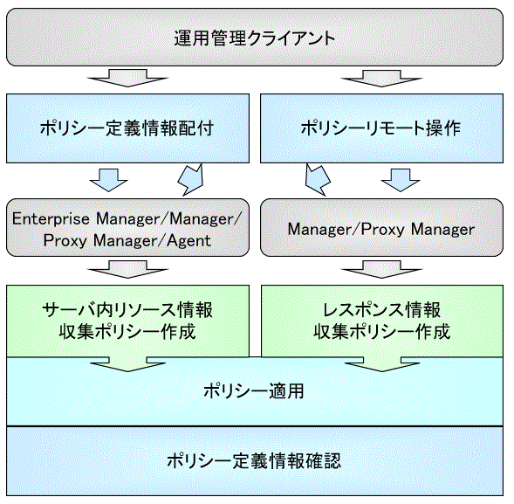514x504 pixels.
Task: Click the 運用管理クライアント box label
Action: pyautogui.click(x=254, y=38)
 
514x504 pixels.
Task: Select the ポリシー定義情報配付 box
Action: pyautogui.click(x=127, y=128)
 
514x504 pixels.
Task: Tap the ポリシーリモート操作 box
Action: pyautogui.click(x=381, y=128)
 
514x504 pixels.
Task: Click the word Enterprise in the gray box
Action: pyautogui.click(x=51, y=219)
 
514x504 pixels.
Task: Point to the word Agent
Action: pyautogui.click(x=188, y=241)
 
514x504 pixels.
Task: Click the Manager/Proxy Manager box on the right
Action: pyautogui.click(x=381, y=227)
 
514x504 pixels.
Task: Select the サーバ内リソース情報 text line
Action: pyautogui.click(x=127, y=310)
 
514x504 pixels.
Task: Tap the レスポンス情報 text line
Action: pyautogui.click(x=381, y=310)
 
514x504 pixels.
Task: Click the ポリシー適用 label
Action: pyautogui.click(x=254, y=391)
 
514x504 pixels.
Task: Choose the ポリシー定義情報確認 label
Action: pyautogui.click(x=254, y=460)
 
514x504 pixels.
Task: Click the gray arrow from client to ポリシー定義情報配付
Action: pyautogui.click(x=127, y=78)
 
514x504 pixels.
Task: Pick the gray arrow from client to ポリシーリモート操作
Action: pyautogui.click(x=382, y=78)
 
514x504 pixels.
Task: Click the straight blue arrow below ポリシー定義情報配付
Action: pyautogui.click(x=108, y=180)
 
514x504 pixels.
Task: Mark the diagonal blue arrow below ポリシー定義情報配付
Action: pyautogui.click(x=191, y=180)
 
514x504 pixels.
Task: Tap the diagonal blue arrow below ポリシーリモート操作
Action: pyautogui.click(x=318, y=180)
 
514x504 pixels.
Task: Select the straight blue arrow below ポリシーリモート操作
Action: pyautogui.click(x=401, y=180)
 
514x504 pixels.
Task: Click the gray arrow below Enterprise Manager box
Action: pyautogui.click(x=127, y=269)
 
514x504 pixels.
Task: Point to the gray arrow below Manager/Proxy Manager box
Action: pyautogui.click(x=382, y=269)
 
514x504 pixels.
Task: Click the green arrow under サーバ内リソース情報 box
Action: pyautogui.click(x=127, y=364)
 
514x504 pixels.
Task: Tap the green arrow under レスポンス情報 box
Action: pyautogui.click(x=382, y=364)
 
